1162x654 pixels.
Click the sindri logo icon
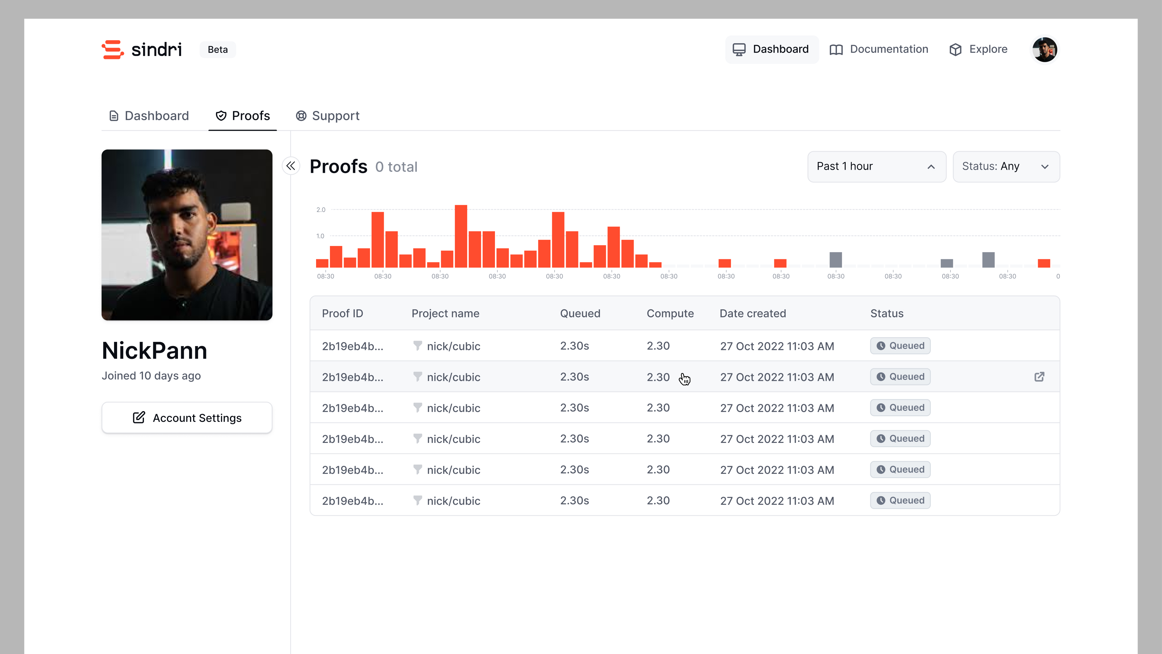[x=113, y=49]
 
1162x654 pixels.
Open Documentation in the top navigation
[x=879, y=49]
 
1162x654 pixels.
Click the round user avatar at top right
[x=1044, y=49]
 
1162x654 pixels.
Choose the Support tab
[x=327, y=116]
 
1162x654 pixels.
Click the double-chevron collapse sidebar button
[x=291, y=166]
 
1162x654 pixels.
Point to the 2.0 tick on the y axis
[x=321, y=210]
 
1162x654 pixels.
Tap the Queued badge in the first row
[x=900, y=346]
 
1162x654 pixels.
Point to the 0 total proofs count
[x=396, y=167]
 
